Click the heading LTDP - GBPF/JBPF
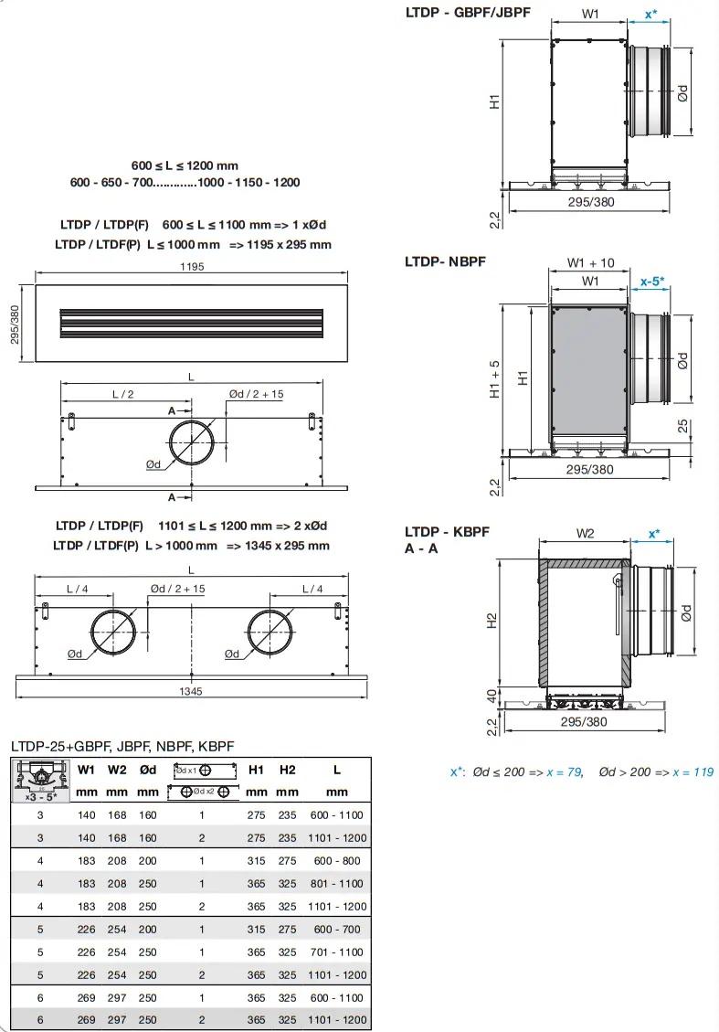tap(467, 13)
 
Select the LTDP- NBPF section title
tap(445, 261)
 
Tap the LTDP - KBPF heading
tap(447, 532)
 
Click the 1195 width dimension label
tap(192, 267)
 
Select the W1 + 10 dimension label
tap(590, 263)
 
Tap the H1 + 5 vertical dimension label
tap(495, 379)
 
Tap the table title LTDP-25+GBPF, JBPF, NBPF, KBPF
tap(122, 747)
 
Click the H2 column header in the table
tap(288, 770)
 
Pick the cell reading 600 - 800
tap(336, 860)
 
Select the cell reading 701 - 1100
tap(336, 952)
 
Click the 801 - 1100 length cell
tap(336, 883)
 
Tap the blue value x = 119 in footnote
tap(693, 772)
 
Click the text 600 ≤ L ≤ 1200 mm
tap(185, 165)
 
